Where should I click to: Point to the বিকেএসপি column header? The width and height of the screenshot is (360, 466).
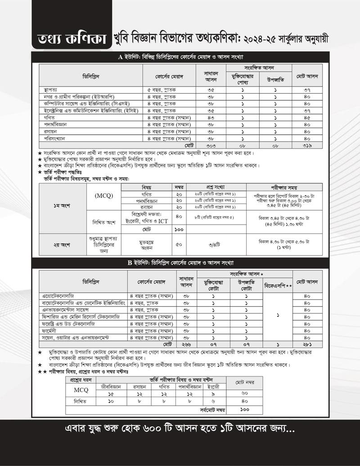coord(278,286)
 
